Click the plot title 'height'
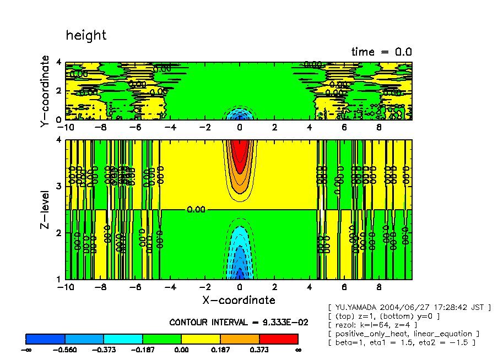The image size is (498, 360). click(86, 36)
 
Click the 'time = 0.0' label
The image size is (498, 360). click(382, 52)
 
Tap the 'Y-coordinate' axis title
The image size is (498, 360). click(45, 92)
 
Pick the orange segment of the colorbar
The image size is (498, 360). click(240, 339)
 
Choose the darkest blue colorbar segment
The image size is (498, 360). click(46, 339)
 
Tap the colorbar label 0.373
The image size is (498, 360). click(259, 350)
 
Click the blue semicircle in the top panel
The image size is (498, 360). click(239, 114)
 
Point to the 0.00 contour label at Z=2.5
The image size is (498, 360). click(196, 210)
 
